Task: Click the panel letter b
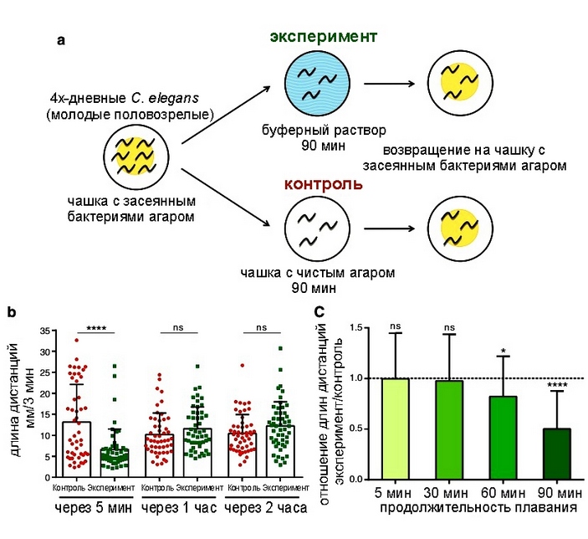point(13,313)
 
